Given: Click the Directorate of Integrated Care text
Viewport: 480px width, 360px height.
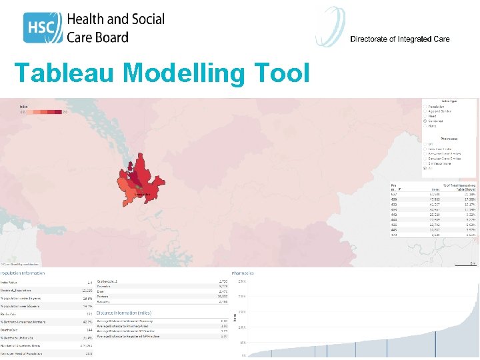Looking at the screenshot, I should [x=399, y=39].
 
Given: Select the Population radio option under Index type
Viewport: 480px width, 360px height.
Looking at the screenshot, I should [x=425, y=105].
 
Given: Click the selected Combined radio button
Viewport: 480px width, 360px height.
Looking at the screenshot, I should [x=425, y=121].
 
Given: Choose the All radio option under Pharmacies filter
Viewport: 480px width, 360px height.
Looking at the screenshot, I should [x=425, y=169].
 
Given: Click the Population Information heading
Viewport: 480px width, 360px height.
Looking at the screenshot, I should [x=23, y=273].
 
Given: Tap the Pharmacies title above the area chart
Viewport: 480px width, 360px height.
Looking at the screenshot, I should [x=243, y=273].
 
